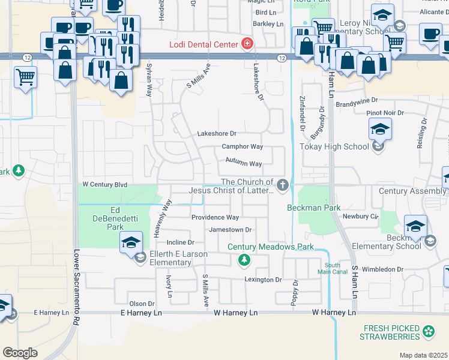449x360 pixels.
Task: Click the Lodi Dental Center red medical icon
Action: coord(246,43)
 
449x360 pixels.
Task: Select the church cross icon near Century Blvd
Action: coord(283,185)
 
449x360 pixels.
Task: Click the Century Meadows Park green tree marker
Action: coord(244,260)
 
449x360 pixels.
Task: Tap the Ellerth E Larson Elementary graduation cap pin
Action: coord(131,243)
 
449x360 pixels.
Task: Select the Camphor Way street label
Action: coord(243,146)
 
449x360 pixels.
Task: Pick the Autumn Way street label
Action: coord(244,163)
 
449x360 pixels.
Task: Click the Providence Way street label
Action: coord(215,217)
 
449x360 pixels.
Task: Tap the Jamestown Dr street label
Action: coord(230,230)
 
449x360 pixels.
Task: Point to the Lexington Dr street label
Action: coord(262,280)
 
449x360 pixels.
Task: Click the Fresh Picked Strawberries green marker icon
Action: coord(429,331)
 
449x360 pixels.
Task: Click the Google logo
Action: coord(20,352)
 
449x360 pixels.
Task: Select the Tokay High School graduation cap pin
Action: coord(380,130)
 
